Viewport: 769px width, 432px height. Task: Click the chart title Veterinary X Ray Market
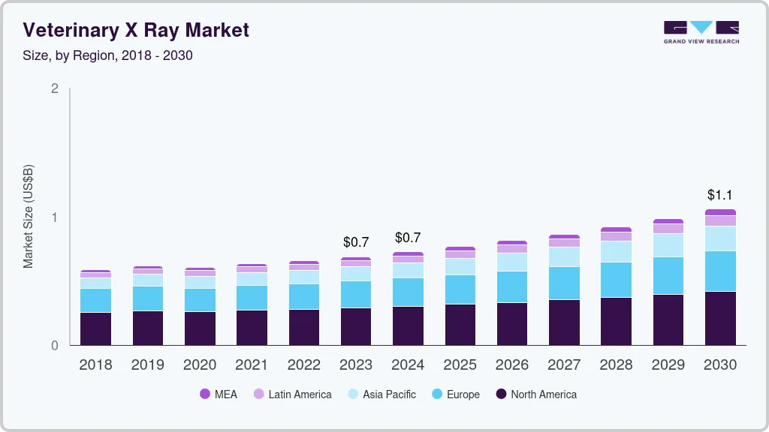tap(136, 30)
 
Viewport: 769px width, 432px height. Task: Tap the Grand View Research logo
tap(701, 32)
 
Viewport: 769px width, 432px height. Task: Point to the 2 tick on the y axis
tap(54, 88)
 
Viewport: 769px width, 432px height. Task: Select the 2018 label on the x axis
tap(95, 364)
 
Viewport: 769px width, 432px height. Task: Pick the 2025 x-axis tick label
tap(460, 364)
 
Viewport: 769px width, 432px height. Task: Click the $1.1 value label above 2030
tap(720, 195)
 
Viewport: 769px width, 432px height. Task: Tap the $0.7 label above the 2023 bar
tap(356, 242)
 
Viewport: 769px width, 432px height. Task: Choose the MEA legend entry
tap(219, 394)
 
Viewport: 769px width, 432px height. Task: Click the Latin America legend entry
tap(292, 394)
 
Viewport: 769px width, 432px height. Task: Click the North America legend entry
tap(536, 394)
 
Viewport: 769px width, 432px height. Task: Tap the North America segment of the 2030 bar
tap(720, 318)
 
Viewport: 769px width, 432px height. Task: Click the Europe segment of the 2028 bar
tap(616, 280)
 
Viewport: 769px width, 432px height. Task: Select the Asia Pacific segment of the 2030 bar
tap(720, 238)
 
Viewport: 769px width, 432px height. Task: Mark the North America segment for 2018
tap(95, 328)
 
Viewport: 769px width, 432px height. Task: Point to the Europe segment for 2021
tap(252, 298)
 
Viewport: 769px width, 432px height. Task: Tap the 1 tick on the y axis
tap(54, 217)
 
